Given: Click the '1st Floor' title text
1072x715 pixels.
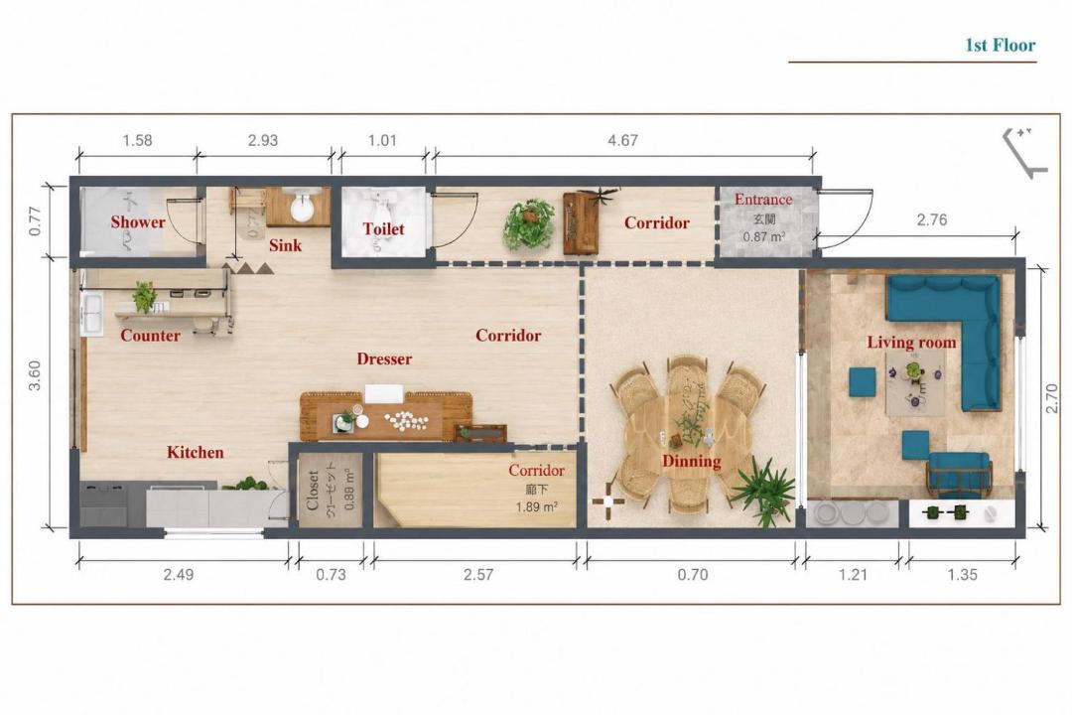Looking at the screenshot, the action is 1000,45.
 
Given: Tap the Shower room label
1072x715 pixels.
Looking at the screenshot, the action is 138,221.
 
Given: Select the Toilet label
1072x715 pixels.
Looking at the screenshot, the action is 383,228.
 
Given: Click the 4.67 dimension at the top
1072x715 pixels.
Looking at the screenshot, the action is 622,140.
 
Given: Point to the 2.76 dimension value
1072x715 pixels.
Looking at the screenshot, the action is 932,219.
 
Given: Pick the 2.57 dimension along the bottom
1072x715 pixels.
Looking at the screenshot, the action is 477,574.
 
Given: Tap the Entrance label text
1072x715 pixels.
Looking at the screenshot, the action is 763,199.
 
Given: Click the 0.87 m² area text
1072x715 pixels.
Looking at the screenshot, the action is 763,237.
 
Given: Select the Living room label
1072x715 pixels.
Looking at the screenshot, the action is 912,342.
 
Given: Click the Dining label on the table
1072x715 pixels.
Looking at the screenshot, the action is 691,461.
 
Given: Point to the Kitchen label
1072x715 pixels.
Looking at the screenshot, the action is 195,452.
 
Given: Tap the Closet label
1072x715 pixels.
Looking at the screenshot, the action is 313,490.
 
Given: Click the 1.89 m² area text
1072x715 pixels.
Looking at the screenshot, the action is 537,507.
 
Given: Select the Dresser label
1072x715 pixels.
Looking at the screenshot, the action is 384,358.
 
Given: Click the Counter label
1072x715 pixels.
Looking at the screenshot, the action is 151,336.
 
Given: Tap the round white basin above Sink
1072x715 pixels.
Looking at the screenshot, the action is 302,207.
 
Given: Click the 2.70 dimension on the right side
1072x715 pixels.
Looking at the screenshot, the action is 1052,398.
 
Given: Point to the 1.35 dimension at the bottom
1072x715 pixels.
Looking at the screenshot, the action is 962,574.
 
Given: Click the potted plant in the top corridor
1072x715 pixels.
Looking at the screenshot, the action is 529,223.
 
